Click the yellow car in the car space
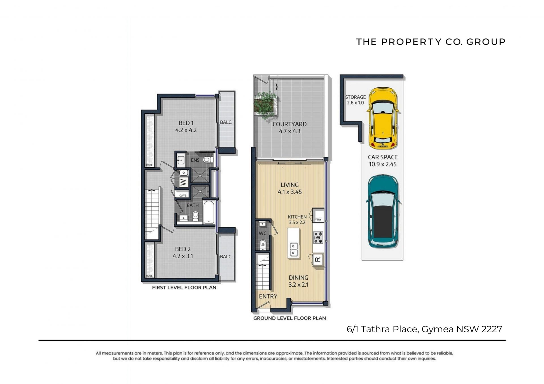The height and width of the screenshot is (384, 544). pos(382,118)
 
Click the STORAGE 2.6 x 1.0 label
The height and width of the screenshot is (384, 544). pos(355,100)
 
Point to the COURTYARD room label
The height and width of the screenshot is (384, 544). pos(289,124)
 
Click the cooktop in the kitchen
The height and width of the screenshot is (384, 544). pos(318,237)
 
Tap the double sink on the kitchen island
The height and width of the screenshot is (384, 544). pos(294,250)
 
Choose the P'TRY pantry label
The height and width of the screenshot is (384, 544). pos(318,220)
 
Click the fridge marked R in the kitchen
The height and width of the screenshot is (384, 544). pos(318,259)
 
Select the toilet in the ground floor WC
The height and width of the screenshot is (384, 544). pos(263,244)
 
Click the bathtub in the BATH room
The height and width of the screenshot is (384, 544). pos(209,212)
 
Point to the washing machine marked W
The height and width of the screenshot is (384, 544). pos(183,182)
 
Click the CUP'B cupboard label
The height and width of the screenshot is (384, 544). pos(183,196)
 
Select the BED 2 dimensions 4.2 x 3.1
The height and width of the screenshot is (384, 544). pos(183,256)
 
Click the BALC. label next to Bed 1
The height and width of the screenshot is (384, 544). pos(226,122)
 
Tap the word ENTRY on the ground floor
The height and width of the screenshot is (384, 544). pos(268,296)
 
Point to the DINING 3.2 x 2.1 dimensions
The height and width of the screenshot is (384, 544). pos(298,285)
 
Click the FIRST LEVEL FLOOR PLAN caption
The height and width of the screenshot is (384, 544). pos(184,288)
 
